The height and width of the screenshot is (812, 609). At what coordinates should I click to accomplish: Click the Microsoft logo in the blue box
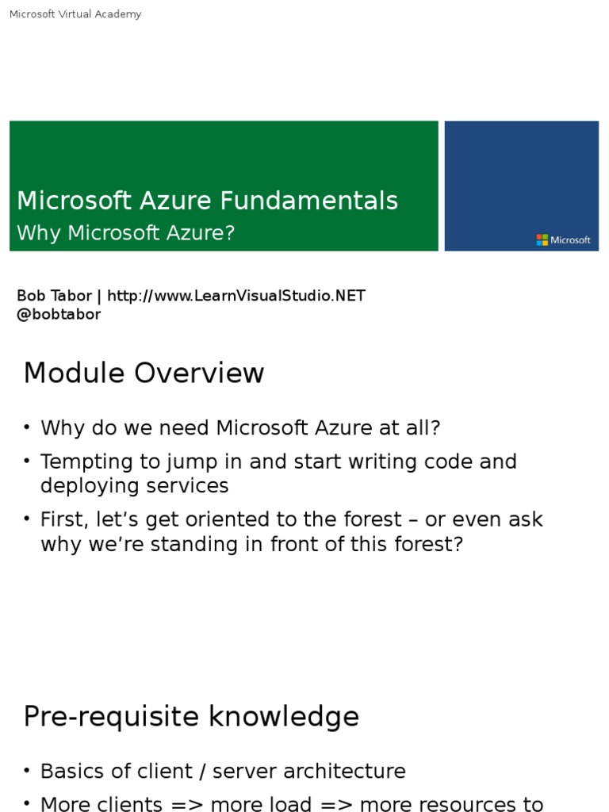(563, 239)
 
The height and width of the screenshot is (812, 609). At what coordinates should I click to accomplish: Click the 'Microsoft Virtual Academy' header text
(75, 14)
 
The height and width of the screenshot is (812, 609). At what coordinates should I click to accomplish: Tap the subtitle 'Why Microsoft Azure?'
(126, 233)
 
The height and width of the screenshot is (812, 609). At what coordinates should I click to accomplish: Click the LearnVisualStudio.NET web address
(236, 296)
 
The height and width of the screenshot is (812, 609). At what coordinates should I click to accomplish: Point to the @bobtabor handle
(59, 314)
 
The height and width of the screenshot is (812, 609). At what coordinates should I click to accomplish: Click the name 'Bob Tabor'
(54, 296)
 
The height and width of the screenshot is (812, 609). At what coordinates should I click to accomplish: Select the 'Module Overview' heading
(144, 373)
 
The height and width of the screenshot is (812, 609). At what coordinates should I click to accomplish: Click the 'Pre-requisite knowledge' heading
(191, 716)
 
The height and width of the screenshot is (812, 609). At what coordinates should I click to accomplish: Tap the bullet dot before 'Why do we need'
(27, 427)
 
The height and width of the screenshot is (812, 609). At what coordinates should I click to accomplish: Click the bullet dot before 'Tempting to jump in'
(27, 461)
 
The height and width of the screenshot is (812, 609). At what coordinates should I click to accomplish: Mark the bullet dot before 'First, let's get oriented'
(27, 519)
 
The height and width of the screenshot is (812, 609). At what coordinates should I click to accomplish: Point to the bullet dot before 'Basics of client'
(27, 771)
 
